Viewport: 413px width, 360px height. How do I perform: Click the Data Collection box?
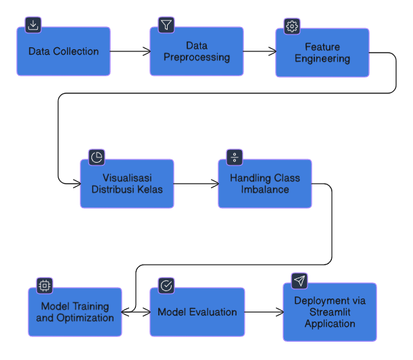[x=64, y=51]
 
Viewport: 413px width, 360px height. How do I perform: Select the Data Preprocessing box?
[x=197, y=51]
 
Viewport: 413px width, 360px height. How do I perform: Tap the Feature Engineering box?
[x=322, y=53]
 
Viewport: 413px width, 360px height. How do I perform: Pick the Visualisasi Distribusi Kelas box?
[x=127, y=184]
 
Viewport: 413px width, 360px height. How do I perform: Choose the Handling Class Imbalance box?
[x=265, y=184]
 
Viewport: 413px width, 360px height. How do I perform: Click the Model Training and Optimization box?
[x=75, y=312]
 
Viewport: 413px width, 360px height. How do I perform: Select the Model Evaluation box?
[x=197, y=312]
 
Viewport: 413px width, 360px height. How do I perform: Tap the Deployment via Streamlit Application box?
[x=330, y=312]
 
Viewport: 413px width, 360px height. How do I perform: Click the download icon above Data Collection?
[x=33, y=25]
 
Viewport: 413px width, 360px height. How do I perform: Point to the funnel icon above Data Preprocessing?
[x=166, y=25]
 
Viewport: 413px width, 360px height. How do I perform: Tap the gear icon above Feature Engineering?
[x=292, y=26]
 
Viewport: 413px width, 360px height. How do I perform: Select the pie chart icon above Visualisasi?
[x=97, y=157]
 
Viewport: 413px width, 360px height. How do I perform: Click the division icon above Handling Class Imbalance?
[x=235, y=157]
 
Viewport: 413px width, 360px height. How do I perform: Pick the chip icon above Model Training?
[x=45, y=286]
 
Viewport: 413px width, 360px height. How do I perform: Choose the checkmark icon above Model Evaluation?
[x=166, y=286]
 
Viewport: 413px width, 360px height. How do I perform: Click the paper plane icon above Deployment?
[x=299, y=280]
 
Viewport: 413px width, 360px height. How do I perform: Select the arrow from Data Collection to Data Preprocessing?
[x=130, y=51]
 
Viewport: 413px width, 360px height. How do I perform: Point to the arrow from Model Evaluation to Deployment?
[x=264, y=312]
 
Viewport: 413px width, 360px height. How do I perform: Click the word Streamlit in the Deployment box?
[x=330, y=312]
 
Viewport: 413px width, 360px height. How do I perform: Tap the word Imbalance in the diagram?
[x=265, y=189]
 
